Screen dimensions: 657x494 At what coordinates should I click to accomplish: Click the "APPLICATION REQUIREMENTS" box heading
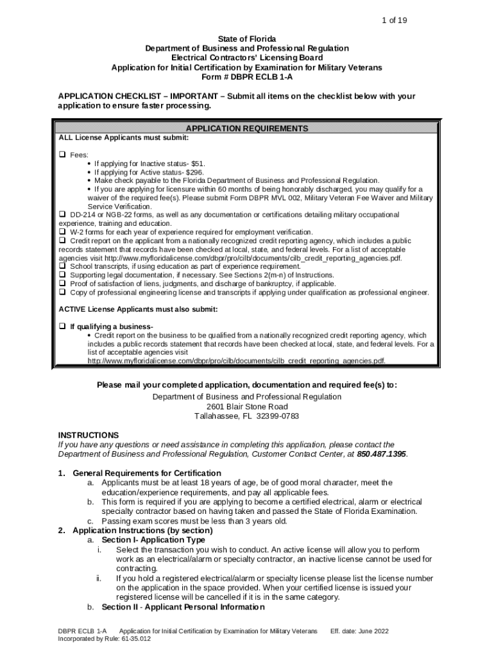246,128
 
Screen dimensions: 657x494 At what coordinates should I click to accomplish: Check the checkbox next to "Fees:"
63,155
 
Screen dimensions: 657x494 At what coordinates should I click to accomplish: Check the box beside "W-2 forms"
63,232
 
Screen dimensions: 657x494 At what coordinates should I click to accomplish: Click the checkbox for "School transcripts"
63,266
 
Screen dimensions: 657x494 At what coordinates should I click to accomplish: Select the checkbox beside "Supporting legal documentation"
63,275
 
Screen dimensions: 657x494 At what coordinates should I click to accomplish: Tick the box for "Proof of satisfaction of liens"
63,284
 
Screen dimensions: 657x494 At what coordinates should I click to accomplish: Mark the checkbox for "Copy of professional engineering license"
63,293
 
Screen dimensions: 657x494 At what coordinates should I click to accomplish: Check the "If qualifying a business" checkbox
63,326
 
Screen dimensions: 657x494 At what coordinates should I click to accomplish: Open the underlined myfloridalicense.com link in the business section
237,361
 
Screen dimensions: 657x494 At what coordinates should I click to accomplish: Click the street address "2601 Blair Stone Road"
247,407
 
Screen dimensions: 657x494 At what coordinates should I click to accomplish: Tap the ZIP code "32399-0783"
275,416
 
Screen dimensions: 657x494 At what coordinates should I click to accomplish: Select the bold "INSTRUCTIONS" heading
88,435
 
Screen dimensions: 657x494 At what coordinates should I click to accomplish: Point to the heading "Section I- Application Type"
153,540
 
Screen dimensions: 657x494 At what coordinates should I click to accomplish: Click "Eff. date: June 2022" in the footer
359,632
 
